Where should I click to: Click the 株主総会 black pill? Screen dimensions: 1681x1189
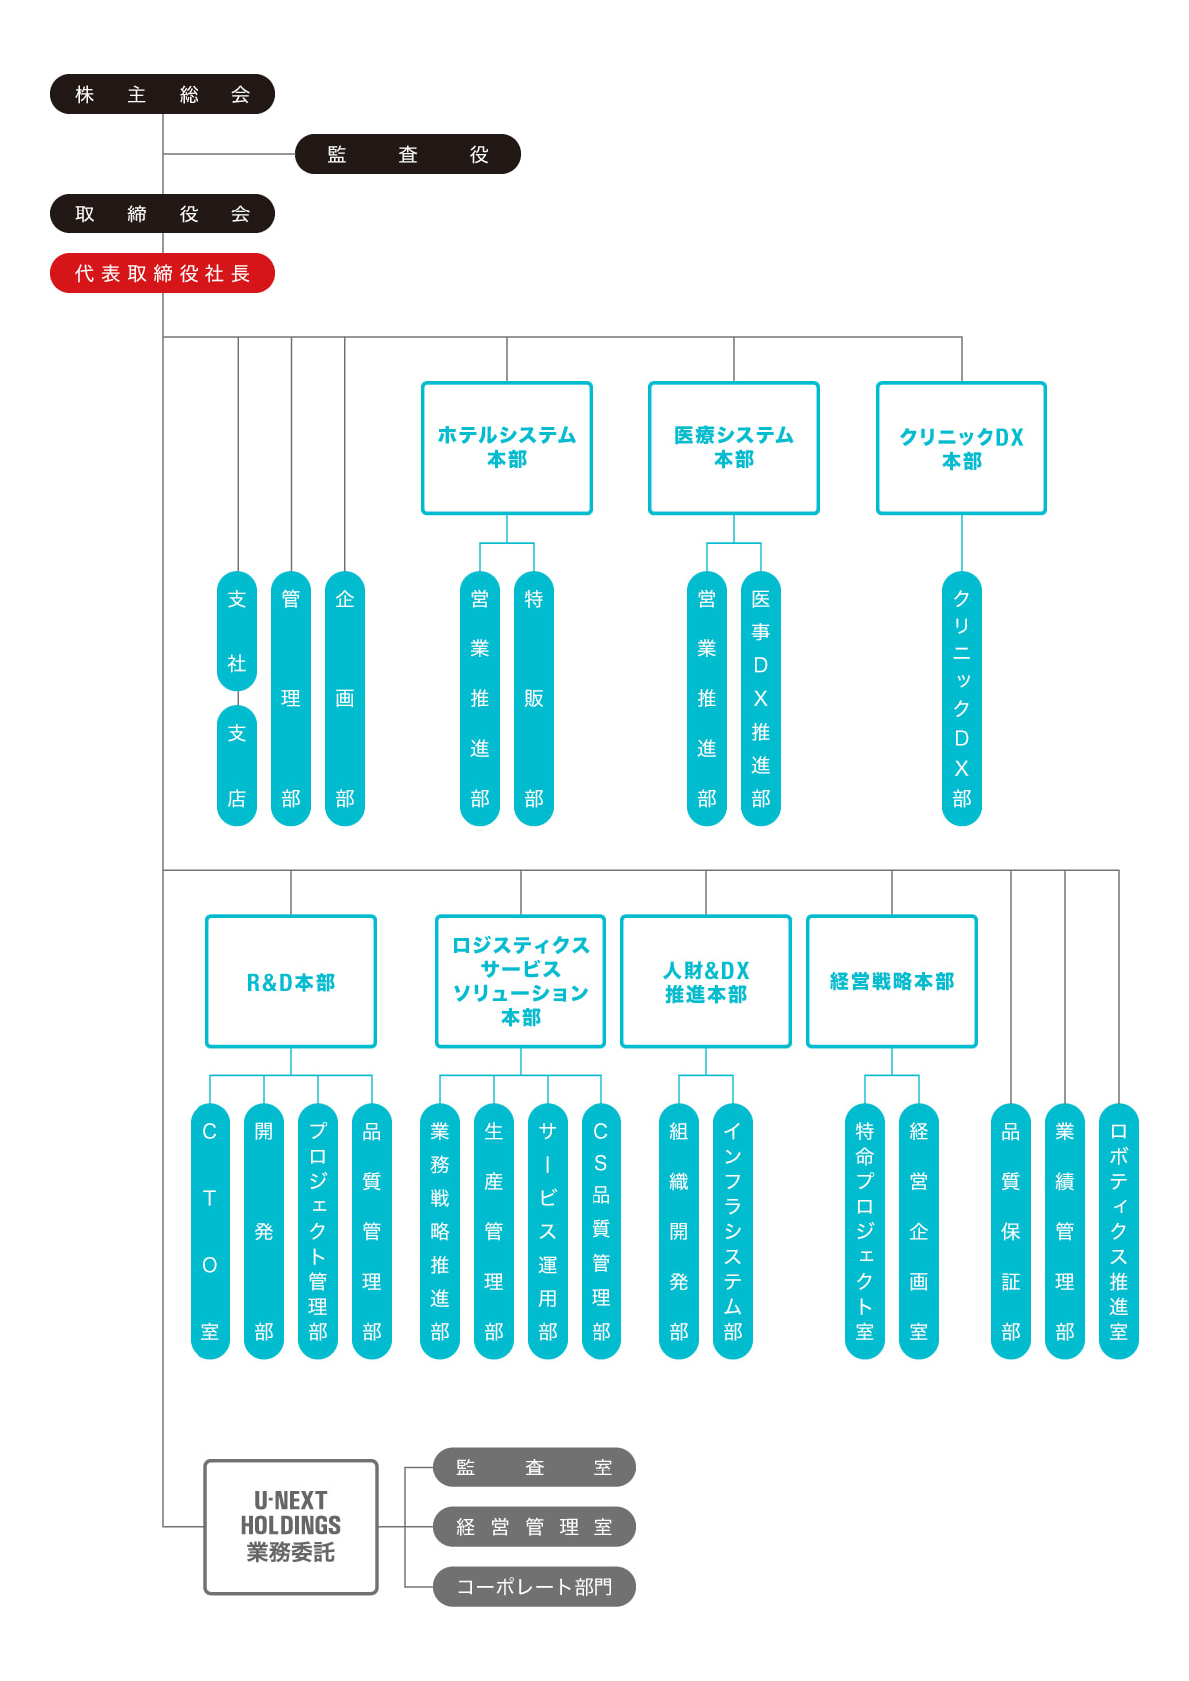(162, 94)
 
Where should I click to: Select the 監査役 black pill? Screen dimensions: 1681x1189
(407, 154)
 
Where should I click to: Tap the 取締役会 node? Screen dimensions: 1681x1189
(162, 213)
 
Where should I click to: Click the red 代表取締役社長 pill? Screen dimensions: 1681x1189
(162, 273)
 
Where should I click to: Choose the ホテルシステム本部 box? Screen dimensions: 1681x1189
(507, 448)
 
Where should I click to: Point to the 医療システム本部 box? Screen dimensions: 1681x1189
(734, 448)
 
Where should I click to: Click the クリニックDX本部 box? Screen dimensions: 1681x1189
(962, 448)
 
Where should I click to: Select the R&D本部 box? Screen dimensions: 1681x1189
(291, 982)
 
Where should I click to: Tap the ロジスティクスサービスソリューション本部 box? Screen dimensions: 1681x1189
(521, 982)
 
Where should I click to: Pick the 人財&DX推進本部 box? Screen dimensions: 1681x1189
(706, 982)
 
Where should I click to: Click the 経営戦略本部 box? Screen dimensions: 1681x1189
(892, 982)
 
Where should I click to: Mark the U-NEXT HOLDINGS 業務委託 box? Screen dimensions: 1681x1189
(291, 1527)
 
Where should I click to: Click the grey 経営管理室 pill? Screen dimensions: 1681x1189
(534, 1527)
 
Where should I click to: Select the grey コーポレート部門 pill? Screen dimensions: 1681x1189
(534, 1587)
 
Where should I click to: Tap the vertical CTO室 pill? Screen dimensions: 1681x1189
(210, 1231)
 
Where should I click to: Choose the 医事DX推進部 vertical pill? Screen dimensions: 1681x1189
(761, 698)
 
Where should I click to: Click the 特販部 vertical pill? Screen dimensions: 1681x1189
(534, 698)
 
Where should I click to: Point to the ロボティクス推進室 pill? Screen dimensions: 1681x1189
(1119, 1231)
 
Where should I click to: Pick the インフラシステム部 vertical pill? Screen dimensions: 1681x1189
(733, 1231)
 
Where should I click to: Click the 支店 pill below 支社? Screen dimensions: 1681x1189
(237, 766)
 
